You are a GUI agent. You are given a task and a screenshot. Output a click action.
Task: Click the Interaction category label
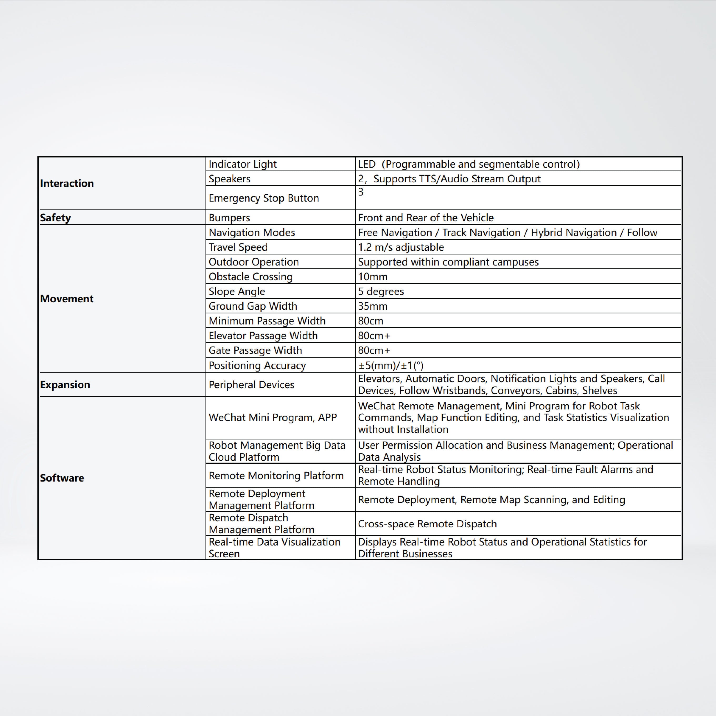coord(67,183)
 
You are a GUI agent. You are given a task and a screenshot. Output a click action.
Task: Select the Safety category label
coord(55,218)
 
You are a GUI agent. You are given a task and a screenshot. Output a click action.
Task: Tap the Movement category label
coord(67,299)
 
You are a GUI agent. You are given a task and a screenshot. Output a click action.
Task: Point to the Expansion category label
coord(65,385)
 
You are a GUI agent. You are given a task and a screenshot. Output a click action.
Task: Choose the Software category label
coord(62,478)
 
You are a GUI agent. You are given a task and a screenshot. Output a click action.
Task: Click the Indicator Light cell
coord(242,164)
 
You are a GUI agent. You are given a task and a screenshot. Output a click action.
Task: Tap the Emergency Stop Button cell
coord(263,198)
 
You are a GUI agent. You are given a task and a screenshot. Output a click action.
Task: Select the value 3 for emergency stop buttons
coord(360,192)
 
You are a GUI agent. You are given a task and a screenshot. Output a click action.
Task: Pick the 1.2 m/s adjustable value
coord(400,247)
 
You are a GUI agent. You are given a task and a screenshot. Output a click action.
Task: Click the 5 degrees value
coord(380,291)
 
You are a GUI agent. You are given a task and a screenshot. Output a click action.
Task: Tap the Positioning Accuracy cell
coord(257,365)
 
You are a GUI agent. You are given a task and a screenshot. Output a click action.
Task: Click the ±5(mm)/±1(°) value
coord(390,365)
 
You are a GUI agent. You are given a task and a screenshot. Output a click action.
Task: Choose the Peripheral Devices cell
coord(251,385)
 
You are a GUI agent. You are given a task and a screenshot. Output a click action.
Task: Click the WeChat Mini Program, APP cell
coord(272,418)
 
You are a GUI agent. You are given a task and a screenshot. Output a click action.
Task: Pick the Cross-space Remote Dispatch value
coord(427,524)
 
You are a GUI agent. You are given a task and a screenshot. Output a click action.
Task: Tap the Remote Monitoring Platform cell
coord(276,475)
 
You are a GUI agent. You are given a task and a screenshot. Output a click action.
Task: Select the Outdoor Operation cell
coord(253,262)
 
